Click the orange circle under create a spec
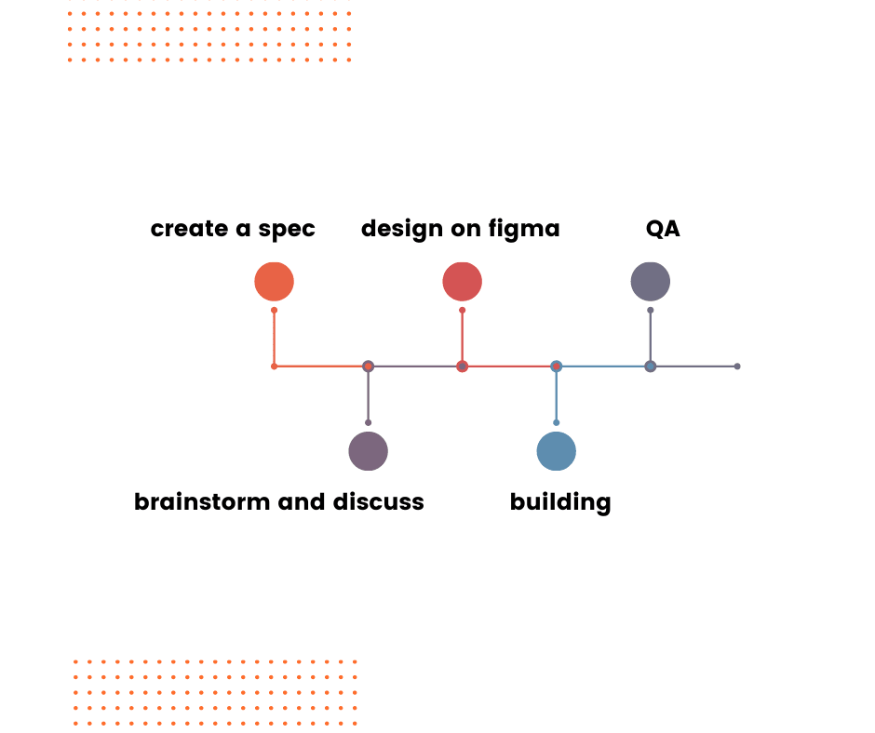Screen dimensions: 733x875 click(x=274, y=282)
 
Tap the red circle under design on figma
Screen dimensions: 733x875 click(x=462, y=282)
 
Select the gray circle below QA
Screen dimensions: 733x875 click(x=650, y=282)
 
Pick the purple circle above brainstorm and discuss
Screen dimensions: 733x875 click(x=368, y=451)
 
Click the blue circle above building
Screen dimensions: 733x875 click(x=556, y=451)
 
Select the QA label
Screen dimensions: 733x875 click(x=663, y=229)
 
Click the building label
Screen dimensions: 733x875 click(x=560, y=502)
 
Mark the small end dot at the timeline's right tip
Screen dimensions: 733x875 click(x=737, y=366)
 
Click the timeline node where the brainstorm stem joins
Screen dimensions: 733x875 click(x=368, y=366)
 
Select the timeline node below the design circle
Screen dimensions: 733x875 click(x=462, y=366)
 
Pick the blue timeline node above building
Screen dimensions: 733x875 click(x=556, y=366)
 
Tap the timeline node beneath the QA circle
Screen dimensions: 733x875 click(x=650, y=366)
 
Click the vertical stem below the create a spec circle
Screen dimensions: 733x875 click(x=274, y=337)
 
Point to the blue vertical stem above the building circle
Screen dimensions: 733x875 click(x=556, y=396)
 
